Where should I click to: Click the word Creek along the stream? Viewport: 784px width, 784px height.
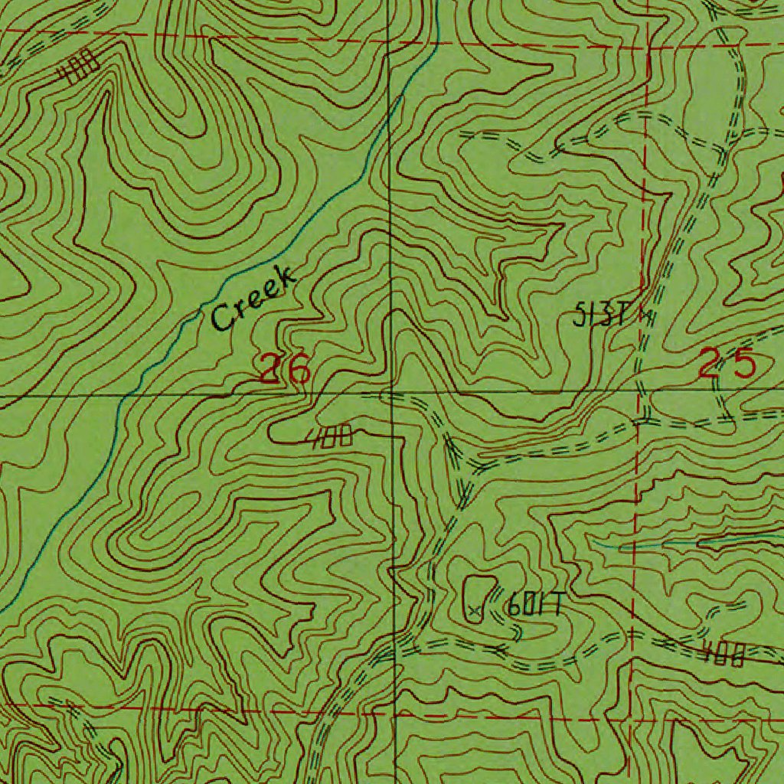(x=253, y=299)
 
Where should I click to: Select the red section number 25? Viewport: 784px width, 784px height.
(x=727, y=364)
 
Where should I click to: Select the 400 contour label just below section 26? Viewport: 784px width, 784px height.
(x=331, y=437)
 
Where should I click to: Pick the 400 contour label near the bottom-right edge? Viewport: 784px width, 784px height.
(x=724, y=655)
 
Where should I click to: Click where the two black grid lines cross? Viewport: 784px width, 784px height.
(x=391, y=394)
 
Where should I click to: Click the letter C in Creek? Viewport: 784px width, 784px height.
(x=223, y=315)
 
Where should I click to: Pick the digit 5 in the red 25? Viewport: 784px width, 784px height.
(x=743, y=364)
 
